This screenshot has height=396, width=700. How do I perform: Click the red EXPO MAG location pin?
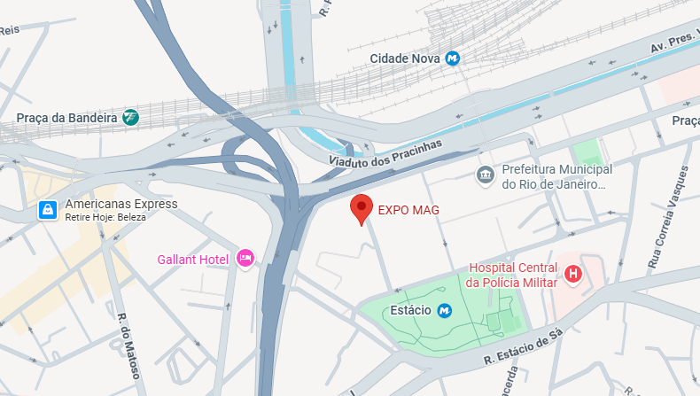(361, 208)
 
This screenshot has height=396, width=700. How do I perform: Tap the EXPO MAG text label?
(408, 210)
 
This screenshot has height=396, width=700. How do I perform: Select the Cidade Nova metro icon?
(453, 58)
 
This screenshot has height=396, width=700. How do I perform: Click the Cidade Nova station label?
(405, 58)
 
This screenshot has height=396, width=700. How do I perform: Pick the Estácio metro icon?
(445, 311)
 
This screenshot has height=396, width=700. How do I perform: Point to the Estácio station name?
(410, 311)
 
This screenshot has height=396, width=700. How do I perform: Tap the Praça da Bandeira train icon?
(131, 117)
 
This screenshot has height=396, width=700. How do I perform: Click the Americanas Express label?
(121, 204)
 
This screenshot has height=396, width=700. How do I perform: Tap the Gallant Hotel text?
(193, 260)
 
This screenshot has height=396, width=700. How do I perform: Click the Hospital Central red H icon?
(573, 275)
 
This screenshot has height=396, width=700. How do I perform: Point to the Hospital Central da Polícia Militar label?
(512, 275)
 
